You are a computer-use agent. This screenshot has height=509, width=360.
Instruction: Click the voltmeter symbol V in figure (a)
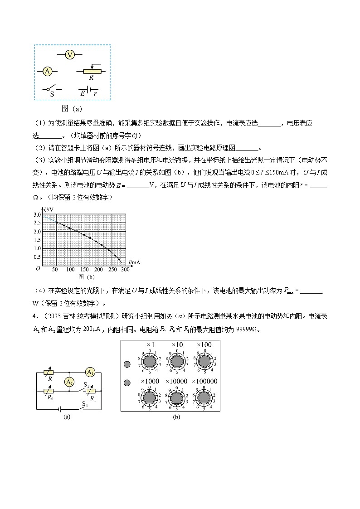(x=69, y=54)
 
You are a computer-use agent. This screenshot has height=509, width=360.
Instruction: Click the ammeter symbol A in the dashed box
(x=47, y=71)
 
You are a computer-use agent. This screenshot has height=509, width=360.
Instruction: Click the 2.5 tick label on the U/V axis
(x=38, y=223)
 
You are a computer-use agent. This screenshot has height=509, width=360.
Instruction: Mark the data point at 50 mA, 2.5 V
(x=57, y=222)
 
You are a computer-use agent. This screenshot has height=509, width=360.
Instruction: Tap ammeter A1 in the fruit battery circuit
(x=90, y=372)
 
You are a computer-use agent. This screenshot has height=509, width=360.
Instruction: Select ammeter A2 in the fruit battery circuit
(x=69, y=382)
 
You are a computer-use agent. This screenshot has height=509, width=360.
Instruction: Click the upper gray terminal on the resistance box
(x=127, y=364)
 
